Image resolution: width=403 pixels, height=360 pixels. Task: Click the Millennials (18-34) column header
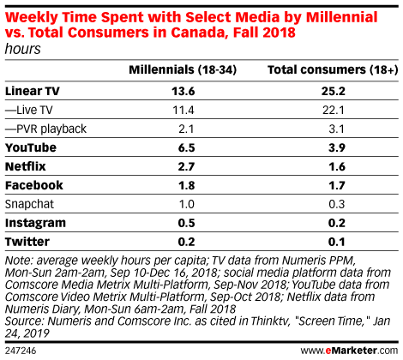pos(183,70)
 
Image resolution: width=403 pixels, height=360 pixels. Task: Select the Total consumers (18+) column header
pos(333,70)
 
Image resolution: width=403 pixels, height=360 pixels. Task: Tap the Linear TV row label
pos(33,91)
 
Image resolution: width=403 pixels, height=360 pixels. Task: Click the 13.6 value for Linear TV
pos(183,91)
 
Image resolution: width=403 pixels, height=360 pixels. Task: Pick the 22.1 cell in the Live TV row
pos(334,110)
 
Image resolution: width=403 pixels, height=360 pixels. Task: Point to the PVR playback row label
pos(45,129)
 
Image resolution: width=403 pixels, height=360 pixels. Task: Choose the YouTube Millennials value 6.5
pos(186,147)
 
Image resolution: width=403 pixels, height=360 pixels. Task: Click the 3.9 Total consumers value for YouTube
pos(337,147)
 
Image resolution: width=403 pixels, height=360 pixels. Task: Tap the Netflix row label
pos(26,166)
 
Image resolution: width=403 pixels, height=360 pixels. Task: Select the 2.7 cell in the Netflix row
pos(186,166)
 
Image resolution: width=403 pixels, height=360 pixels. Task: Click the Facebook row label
pos(34,185)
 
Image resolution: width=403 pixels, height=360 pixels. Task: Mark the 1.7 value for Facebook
pos(337,185)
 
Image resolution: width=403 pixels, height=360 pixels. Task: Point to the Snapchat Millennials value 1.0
pos(186,204)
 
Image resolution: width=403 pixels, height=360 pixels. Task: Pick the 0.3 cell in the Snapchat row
pos(337,204)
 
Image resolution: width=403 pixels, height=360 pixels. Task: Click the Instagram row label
pos(35,223)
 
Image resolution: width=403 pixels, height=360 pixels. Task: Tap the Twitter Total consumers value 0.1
pos(337,242)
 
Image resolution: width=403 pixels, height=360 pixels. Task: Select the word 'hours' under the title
pos(23,49)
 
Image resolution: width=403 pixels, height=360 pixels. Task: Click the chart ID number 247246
pos(21,351)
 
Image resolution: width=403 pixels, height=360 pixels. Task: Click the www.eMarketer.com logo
pos(349,351)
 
